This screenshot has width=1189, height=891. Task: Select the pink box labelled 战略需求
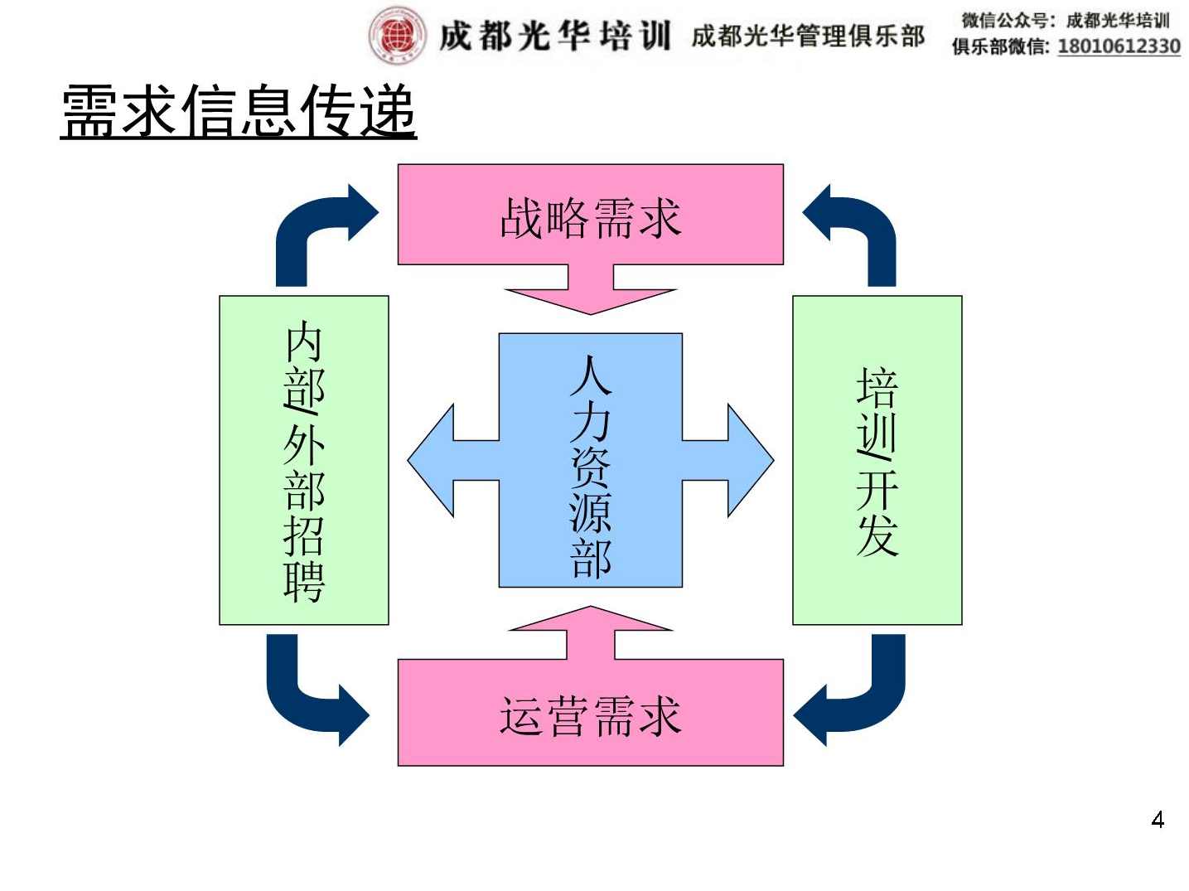590,215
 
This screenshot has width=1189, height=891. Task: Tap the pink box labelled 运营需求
590,714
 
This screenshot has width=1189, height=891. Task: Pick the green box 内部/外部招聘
303,460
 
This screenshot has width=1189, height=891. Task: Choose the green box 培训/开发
877,460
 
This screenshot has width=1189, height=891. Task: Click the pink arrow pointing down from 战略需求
590,294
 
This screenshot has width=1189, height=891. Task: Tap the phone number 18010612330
1119,46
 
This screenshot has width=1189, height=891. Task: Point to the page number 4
1158,820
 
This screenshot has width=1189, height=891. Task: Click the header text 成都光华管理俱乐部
807,36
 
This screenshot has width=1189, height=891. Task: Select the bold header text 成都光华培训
554,36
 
